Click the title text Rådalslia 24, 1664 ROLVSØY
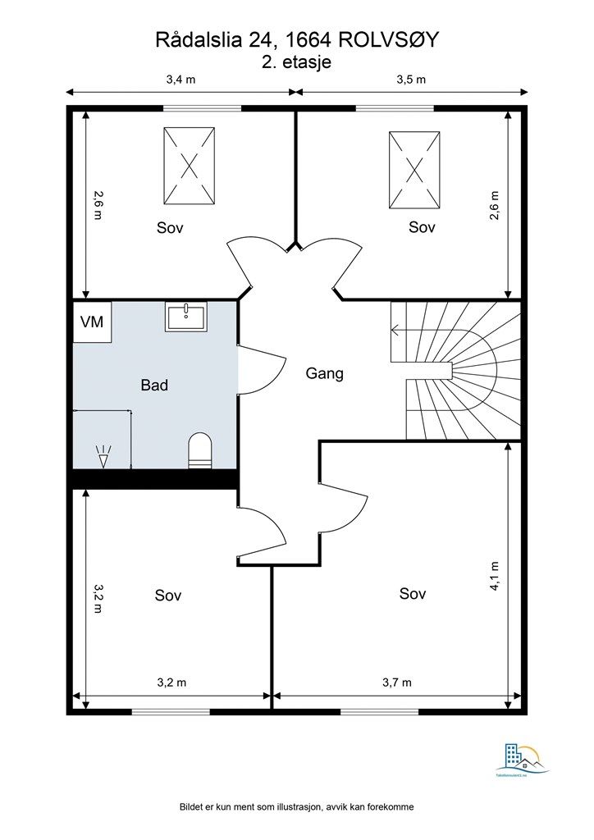tap(296, 40)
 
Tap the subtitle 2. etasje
tap(296, 62)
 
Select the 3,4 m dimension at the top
tap(180, 80)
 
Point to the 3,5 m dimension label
tap(411, 80)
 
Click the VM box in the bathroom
tap(92, 322)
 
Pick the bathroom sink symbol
tap(188, 317)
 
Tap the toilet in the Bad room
tap(199, 450)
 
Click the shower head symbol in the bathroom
tap(103, 455)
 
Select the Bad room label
tap(154, 384)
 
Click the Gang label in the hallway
tap(324, 373)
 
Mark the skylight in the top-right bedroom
tap(414, 170)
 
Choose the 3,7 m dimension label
tap(397, 682)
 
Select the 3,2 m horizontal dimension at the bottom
tap(171, 682)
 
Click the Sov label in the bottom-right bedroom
tap(413, 594)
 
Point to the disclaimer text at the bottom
tap(296, 807)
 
